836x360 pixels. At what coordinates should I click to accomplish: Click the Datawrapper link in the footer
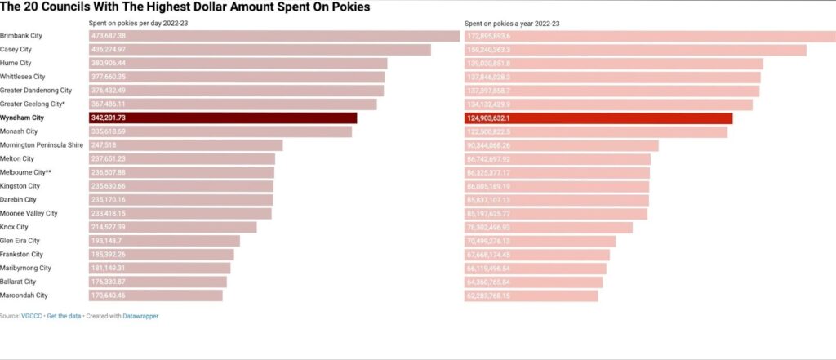(141, 316)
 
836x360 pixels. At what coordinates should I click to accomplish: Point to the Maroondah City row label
(24, 296)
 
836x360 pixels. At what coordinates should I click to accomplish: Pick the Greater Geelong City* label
(33, 104)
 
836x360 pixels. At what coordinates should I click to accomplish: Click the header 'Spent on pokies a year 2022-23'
(512, 24)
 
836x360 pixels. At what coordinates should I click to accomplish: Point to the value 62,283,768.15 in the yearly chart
(489, 296)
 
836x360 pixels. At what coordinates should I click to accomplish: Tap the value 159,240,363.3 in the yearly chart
(489, 50)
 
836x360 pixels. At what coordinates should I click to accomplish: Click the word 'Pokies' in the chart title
(348, 7)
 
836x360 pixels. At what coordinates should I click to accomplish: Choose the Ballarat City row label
(18, 282)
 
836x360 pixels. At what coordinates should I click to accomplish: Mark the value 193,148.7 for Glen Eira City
(107, 241)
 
